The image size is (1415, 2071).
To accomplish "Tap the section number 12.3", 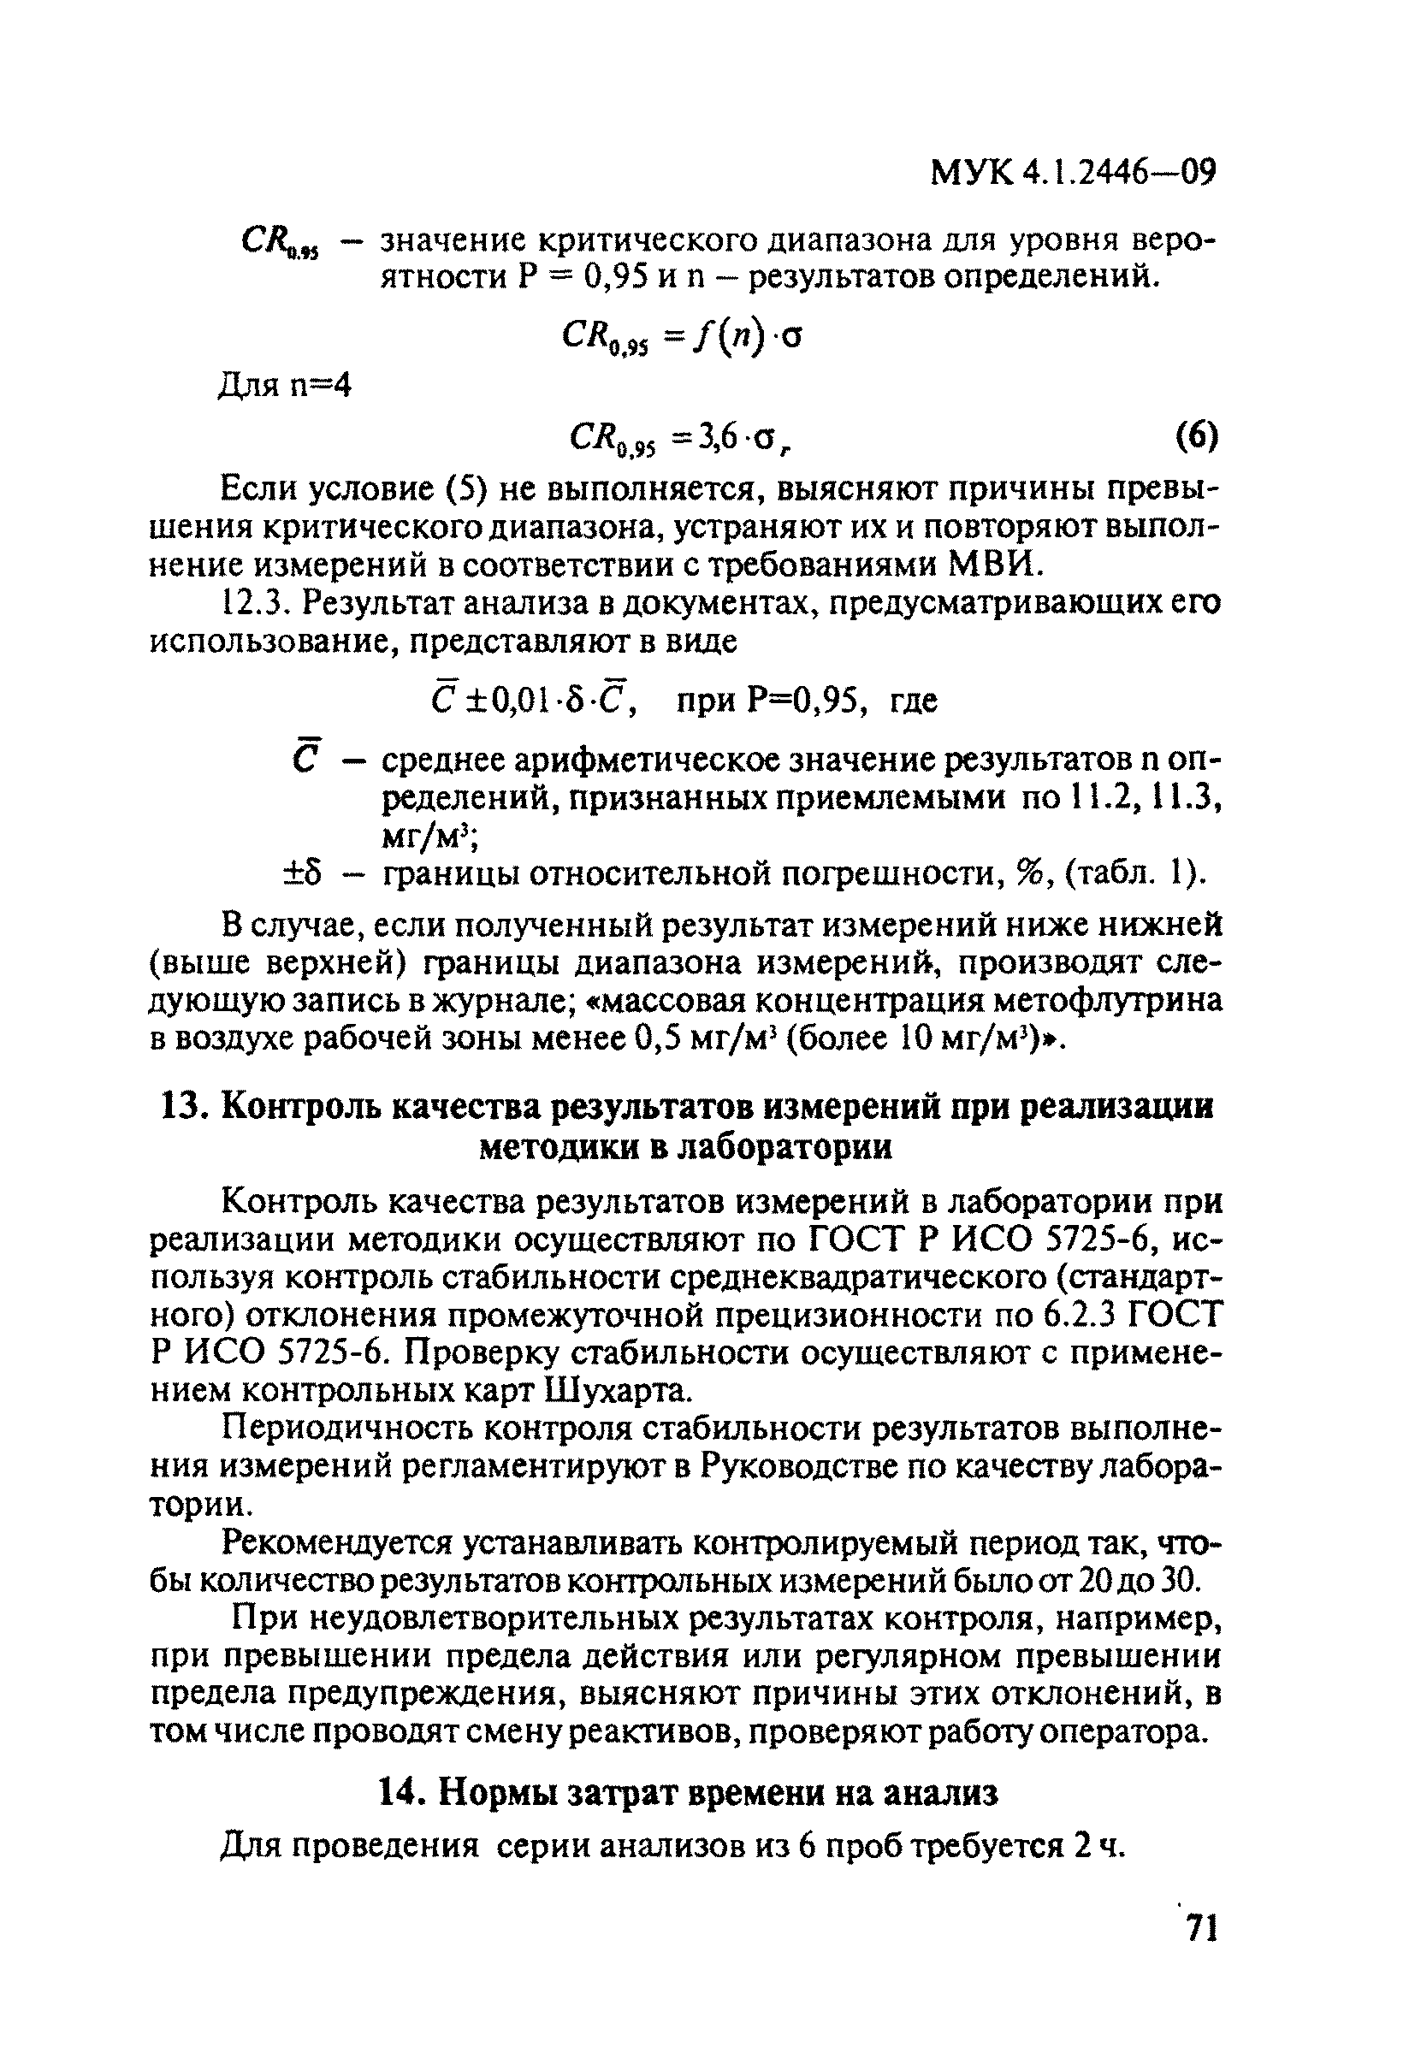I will click(256, 603).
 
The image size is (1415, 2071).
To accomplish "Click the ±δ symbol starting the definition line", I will click(302, 874).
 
